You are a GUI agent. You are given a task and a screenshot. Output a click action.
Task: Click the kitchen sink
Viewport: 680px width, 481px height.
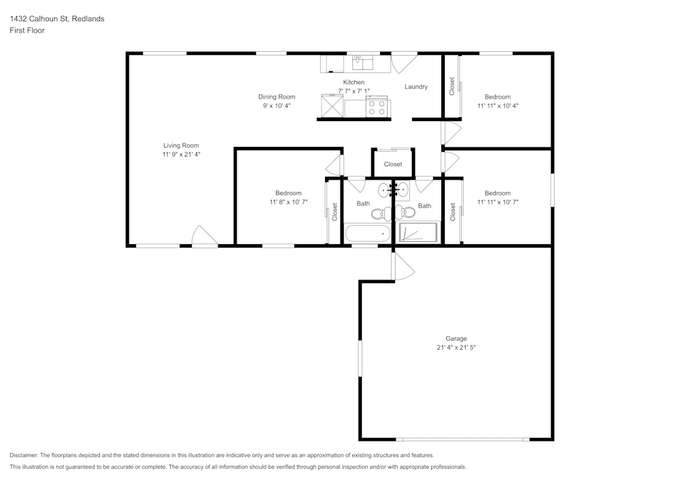coord(363,63)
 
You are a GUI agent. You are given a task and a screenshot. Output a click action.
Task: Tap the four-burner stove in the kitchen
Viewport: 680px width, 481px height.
coord(377,107)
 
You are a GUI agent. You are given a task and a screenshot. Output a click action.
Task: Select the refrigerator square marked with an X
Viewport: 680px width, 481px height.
coord(332,107)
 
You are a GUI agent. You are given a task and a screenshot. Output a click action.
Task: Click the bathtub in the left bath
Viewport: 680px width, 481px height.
coord(367,235)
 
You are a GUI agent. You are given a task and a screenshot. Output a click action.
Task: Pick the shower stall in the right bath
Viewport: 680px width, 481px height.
coord(419,233)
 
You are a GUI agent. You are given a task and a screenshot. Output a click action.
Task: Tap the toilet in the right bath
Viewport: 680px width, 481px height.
coord(407,212)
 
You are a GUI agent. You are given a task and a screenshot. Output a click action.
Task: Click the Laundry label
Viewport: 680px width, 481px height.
coord(415,86)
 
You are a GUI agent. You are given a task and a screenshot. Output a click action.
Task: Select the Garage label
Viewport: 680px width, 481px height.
coord(456,338)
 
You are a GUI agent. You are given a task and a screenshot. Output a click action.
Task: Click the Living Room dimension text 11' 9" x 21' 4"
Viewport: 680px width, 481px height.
coord(181,154)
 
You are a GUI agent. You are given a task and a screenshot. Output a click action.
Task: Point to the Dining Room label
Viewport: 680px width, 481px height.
coord(276,97)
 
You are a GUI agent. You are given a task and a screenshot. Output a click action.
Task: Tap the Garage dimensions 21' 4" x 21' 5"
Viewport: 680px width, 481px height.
coord(456,348)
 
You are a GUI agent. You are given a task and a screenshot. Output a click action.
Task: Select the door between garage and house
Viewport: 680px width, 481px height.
coord(403,266)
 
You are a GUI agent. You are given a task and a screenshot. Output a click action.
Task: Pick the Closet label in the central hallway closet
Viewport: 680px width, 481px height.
coord(393,164)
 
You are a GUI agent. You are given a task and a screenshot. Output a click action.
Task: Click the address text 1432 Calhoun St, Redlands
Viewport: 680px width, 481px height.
coord(57,19)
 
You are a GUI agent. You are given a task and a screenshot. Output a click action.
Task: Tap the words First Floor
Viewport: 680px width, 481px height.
coord(27,31)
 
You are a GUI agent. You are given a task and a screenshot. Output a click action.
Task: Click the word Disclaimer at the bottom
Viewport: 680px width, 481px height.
coord(24,455)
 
